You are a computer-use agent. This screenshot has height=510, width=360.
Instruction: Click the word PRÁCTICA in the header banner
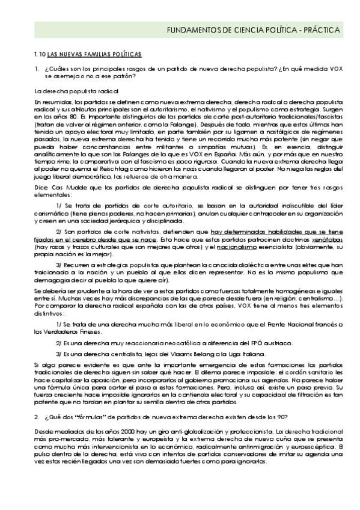tap(322, 29)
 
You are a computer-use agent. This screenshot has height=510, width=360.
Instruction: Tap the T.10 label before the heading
tap(39, 54)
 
